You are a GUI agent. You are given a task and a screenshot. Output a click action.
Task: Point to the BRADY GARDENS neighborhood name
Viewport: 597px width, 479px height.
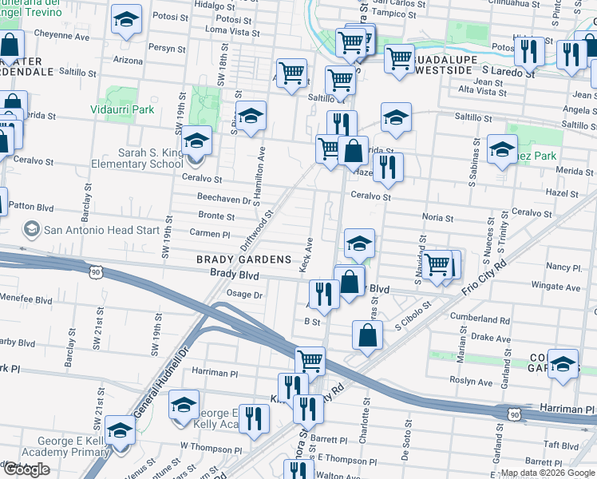point(244,259)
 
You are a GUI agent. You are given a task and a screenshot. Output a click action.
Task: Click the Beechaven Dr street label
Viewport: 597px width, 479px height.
point(224,198)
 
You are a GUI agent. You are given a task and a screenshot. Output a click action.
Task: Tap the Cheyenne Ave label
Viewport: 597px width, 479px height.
point(61,37)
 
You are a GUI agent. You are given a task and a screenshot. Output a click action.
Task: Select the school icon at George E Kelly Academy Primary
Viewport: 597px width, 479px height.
point(121,430)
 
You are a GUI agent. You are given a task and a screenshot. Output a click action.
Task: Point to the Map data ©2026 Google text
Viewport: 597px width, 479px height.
point(547,473)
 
